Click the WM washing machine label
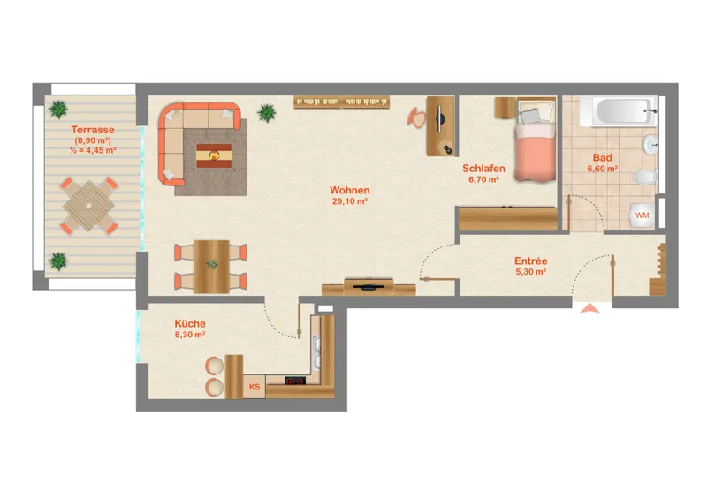[x=642, y=215]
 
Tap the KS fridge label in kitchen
[x=255, y=387]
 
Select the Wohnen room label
[x=349, y=190]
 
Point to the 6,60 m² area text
[x=603, y=169]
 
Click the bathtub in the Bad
[x=617, y=111]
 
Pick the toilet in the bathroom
[x=644, y=177]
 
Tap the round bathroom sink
[x=650, y=144]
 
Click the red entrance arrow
[x=589, y=308]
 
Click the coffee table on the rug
[x=214, y=155]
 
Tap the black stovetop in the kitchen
[x=295, y=381]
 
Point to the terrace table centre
[x=89, y=206]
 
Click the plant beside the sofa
[x=267, y=113]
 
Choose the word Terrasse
[x=93, y=130]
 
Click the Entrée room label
[x=531, y=261]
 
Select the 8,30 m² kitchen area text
[x=190, y=335]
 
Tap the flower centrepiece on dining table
[x=212, y=264]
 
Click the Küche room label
[x=190, y=323]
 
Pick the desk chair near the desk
[x=416, y=117]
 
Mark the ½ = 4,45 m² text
[x=93, y=150]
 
